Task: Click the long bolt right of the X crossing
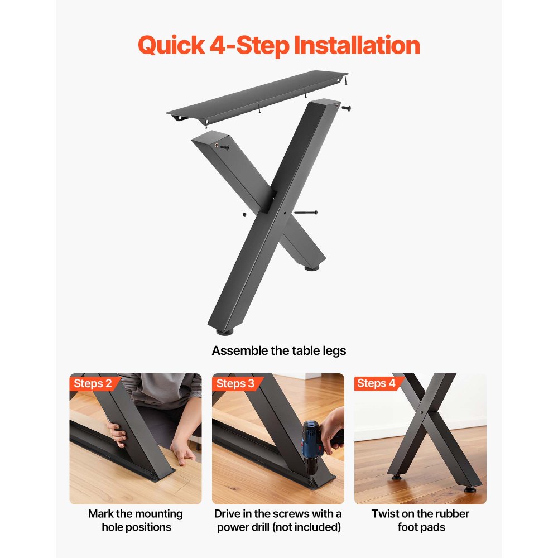coord(305,213)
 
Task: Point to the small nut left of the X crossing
coord(244,214)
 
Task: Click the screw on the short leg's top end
coord(224,147)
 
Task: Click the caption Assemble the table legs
coord(278,351)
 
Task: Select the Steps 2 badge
coord(92,383)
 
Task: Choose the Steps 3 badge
coord(235,383)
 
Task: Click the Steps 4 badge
coord(376,383)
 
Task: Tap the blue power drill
coord(312,446)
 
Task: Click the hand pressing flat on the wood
coord(182,449)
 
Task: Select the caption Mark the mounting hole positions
coord(135,520)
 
